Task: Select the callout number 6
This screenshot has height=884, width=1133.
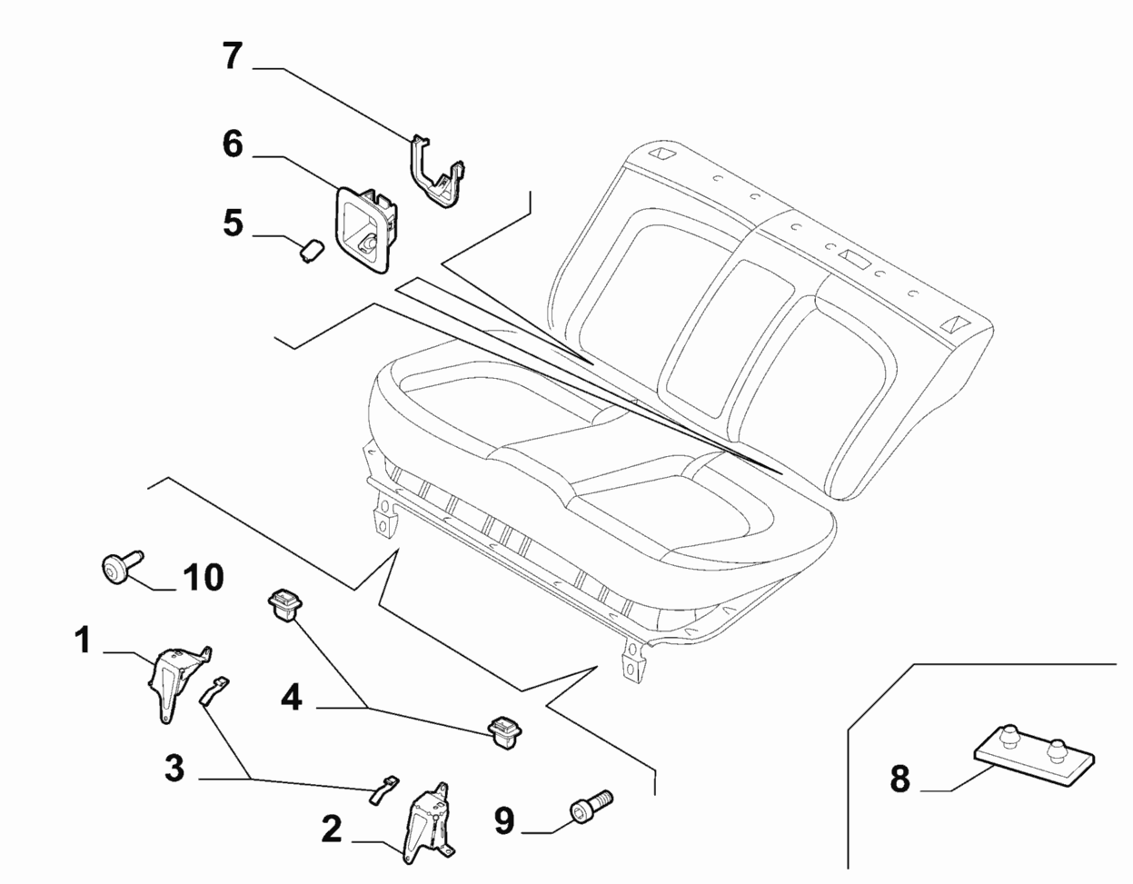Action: tap(233, 144)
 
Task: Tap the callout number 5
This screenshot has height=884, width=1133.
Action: tap(234, 223)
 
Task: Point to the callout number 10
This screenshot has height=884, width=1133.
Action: tap(204, 577)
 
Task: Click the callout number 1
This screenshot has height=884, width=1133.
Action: tap(83, 641)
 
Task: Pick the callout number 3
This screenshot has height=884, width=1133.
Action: tap(174, 769)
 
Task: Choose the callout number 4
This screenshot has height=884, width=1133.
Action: tap(291, 697)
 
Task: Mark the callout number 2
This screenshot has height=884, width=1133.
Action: tap(332, 829)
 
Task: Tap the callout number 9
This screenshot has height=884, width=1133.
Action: tap(504, 820)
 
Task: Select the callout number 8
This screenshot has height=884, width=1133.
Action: tap(899, 779)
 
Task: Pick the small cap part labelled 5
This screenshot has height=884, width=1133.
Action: tap(312, 249)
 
